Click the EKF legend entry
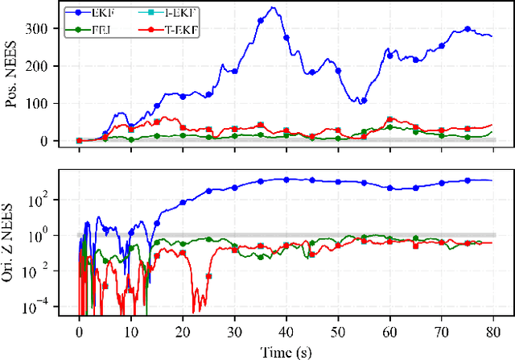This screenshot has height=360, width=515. [113, 13]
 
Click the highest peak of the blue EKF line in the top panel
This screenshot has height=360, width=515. [274, 8]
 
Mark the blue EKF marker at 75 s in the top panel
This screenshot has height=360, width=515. [467, 29]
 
